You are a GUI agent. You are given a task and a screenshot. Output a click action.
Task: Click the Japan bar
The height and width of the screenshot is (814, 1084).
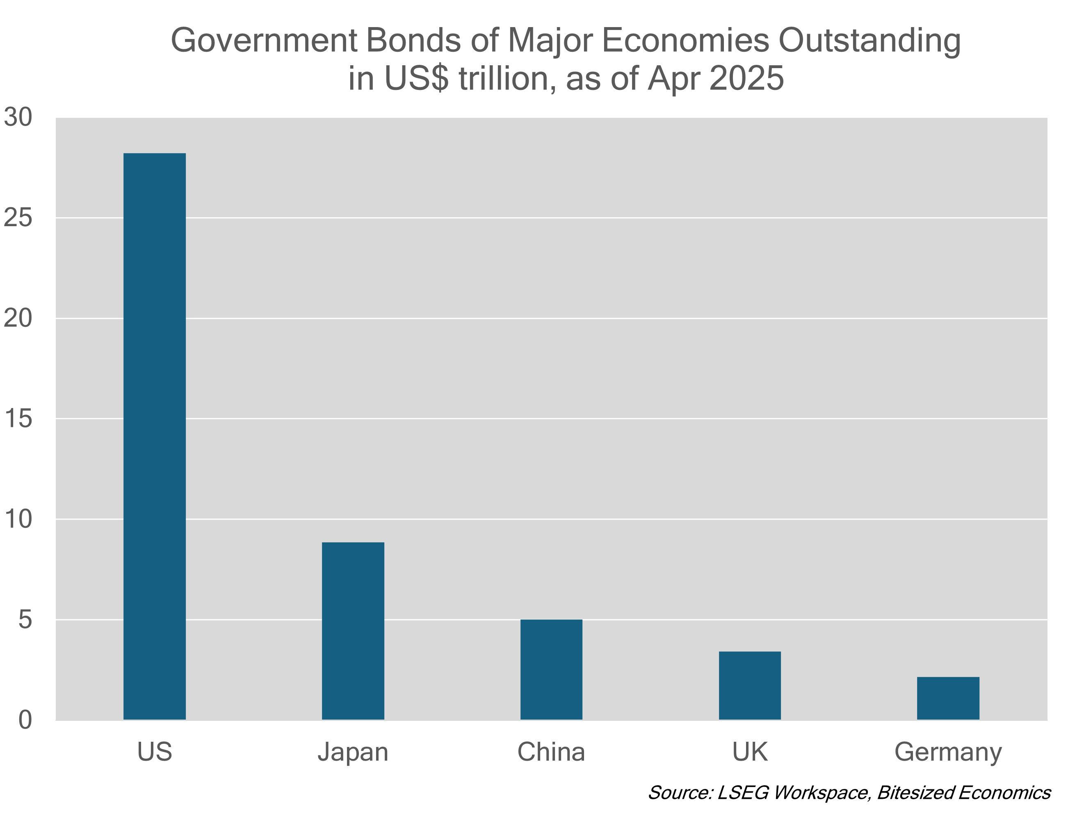(x=353, y=631)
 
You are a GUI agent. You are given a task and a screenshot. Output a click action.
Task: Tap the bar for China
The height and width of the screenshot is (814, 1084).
(x=551, y=670)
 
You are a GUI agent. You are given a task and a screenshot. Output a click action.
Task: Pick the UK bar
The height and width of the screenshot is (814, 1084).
(x=750, y=686)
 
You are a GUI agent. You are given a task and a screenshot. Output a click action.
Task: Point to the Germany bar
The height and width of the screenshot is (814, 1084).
(x=948, y=698)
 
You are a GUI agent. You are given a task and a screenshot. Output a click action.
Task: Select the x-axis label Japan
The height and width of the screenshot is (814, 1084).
(x=353, y=752)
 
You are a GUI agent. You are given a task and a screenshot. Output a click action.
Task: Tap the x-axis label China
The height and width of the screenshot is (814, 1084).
(x=551, y=752)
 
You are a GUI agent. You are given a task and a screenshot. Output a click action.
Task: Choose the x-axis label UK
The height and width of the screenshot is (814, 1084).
(x=750, y=752)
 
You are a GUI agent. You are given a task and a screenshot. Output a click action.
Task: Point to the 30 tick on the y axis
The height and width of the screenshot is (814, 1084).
(x=18, y=117)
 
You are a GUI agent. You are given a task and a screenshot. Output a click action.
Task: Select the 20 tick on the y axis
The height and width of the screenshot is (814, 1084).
(x=18, y=318)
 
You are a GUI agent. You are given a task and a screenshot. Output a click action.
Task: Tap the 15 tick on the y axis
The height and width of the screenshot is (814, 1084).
(x=18, y=419)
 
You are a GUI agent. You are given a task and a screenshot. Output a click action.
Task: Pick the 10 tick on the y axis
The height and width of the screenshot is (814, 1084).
(x=18, y=519)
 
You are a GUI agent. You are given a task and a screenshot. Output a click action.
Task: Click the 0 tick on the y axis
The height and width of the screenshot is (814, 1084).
(x=25, y=720)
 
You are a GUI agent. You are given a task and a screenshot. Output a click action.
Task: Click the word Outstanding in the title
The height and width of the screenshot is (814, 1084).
(x=869, y=41)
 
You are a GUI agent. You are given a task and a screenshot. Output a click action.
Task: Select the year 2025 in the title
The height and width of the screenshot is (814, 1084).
(x=746, y=78)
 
